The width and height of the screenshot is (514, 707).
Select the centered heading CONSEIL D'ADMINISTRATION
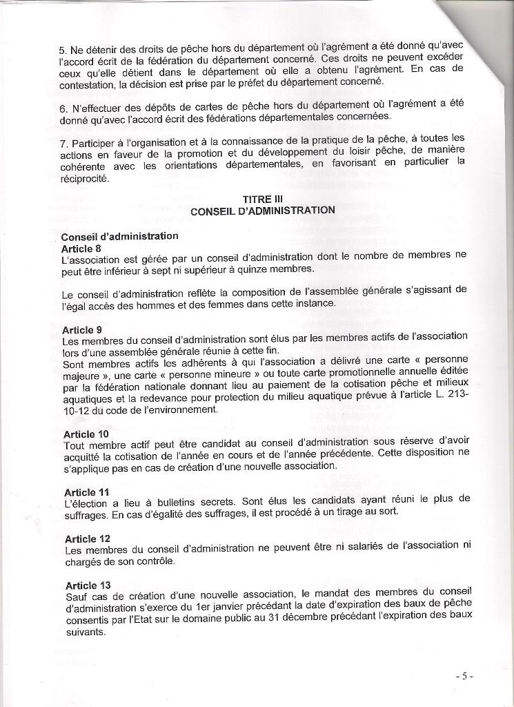click(263, 210)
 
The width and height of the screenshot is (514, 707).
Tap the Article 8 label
click(81, 248)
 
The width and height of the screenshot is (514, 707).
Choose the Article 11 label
click(86, 492)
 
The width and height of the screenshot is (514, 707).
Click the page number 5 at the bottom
click(464, 676)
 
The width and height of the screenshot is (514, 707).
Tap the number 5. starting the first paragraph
click(63, 50)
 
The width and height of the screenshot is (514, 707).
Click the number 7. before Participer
click(63, 143)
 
